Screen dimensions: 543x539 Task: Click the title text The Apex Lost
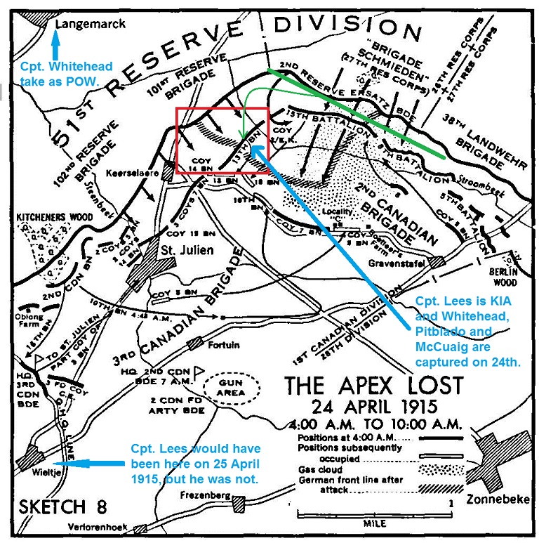point(373,386)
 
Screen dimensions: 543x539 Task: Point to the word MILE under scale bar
point(374,524)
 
